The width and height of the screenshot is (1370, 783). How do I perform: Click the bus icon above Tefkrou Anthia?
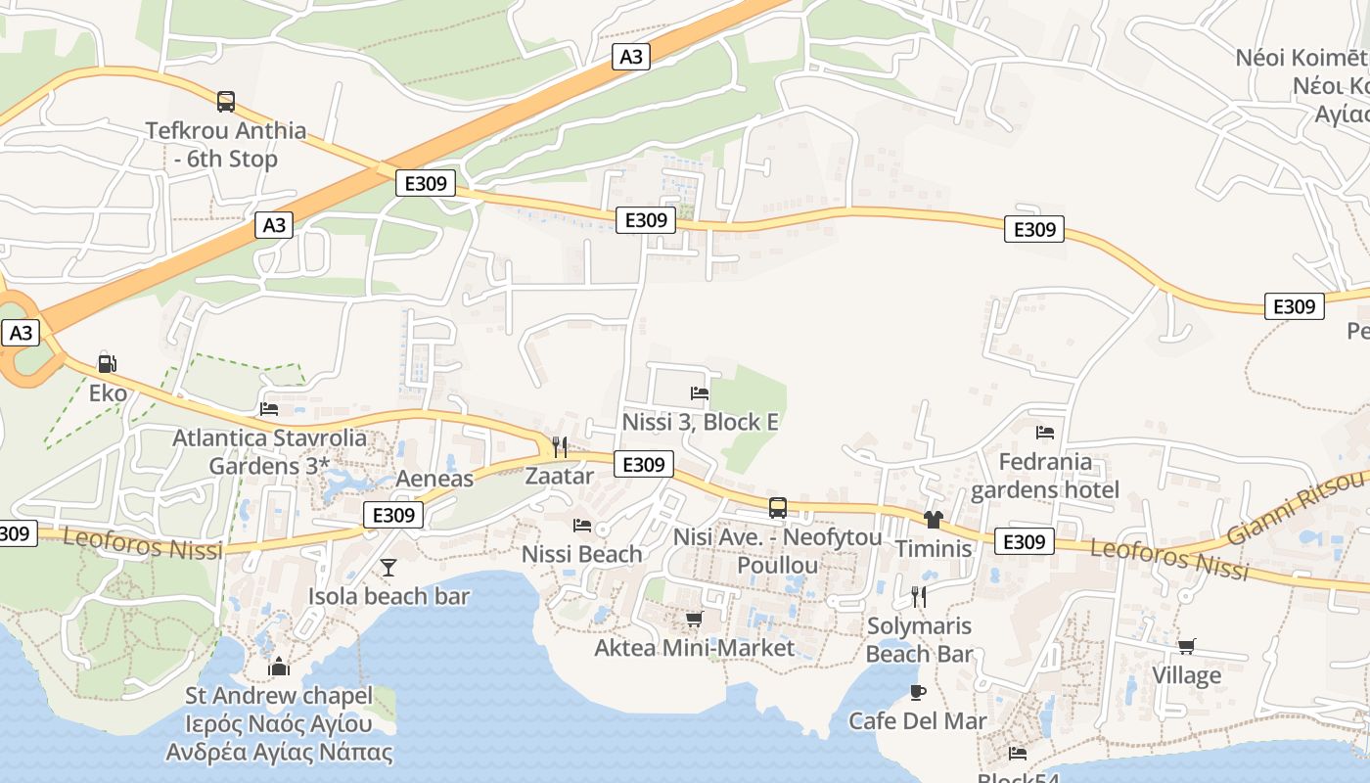click(x=226, y=101)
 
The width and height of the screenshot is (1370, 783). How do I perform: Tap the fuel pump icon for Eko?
click(x=107, y=364)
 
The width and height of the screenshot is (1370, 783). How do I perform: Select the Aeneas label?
click(x=434, y=479)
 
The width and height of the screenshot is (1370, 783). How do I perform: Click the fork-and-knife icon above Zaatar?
click(x=560, y=446)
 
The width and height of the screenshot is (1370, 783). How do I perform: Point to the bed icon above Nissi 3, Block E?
click(x=700, y=393)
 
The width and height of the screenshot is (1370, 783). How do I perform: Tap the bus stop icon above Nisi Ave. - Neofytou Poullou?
click(x=778, y=508)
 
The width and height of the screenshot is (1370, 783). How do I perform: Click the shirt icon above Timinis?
click(x=933, y=520)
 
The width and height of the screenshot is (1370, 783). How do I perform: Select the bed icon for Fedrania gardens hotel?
click(x=1045, y=432)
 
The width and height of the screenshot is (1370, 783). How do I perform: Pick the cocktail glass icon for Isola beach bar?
click(x=388, y=567)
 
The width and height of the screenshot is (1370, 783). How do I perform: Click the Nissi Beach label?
click(x=581, y=554)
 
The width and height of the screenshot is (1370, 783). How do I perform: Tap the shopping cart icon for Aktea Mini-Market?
click(x=695, y=619)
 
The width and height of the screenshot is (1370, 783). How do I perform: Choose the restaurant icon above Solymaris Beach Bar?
click(x=918, y=596)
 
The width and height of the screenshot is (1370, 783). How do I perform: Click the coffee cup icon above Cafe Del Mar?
click(x=917, y=692)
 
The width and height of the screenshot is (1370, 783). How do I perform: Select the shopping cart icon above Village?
click(x=1186, y=646)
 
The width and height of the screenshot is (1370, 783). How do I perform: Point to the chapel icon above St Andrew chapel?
click(x=279, y=668)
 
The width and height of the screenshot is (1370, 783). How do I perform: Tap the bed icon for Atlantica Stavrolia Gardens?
click(x=269, y=408)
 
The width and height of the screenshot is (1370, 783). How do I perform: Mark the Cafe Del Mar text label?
click(x=917, y=721)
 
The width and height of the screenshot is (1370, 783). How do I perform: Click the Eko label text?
click(x=108, y=393)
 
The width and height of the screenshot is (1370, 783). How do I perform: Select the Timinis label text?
click(x=934, y=548)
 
